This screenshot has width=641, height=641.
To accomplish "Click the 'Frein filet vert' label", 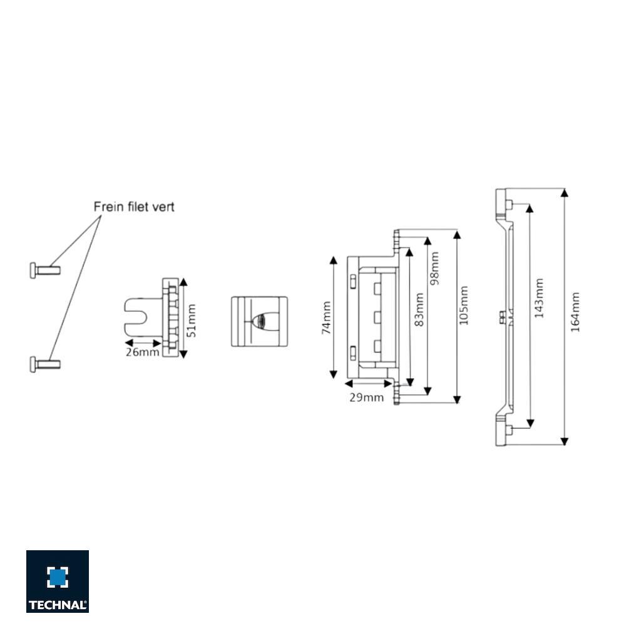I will (134, 207).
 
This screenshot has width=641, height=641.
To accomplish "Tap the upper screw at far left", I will (44, 270).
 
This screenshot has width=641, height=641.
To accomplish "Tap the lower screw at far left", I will (44, 363).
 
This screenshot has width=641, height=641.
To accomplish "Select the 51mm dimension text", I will (192, 320).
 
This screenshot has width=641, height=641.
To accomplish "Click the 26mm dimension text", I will (142, 352).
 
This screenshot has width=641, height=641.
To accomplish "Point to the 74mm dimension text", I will (326, 318).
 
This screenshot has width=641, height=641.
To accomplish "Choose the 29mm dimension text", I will (366, 397).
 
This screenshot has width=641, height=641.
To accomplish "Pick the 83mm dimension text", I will (419, 309).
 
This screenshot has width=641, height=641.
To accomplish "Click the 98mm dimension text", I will (434, 268).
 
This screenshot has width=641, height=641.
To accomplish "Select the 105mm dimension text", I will (464, 306).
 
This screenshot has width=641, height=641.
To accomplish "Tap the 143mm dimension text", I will (539, 298).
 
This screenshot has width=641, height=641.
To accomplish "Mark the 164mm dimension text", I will (575, 312).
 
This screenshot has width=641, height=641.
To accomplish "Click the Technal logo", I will (58, 581).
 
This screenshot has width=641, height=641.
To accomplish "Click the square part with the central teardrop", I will (259, 321).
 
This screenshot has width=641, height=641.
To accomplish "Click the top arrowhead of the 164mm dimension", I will (565, 192).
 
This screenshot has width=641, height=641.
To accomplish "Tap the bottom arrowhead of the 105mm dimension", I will (457, 398).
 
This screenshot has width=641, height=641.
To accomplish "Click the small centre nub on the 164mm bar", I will (502, 317).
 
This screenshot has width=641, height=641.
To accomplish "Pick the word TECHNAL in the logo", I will (58, 605).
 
